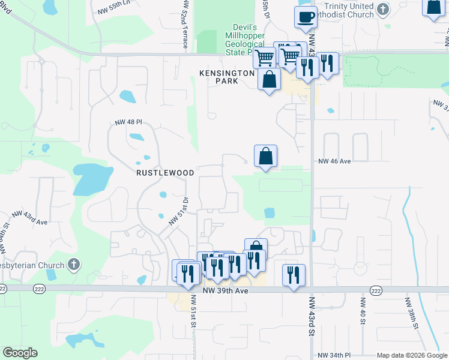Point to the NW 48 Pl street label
pos(128,122)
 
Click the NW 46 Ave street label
pos(334,161)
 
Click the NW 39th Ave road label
pos(225,290)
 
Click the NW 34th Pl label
pos(337,355)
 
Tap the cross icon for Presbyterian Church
pos(74,263)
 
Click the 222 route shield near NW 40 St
pos(376,290)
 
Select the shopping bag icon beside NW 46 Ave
pos(265,156)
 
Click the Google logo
pos(20,353)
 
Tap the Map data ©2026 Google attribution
pos(411,355)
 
